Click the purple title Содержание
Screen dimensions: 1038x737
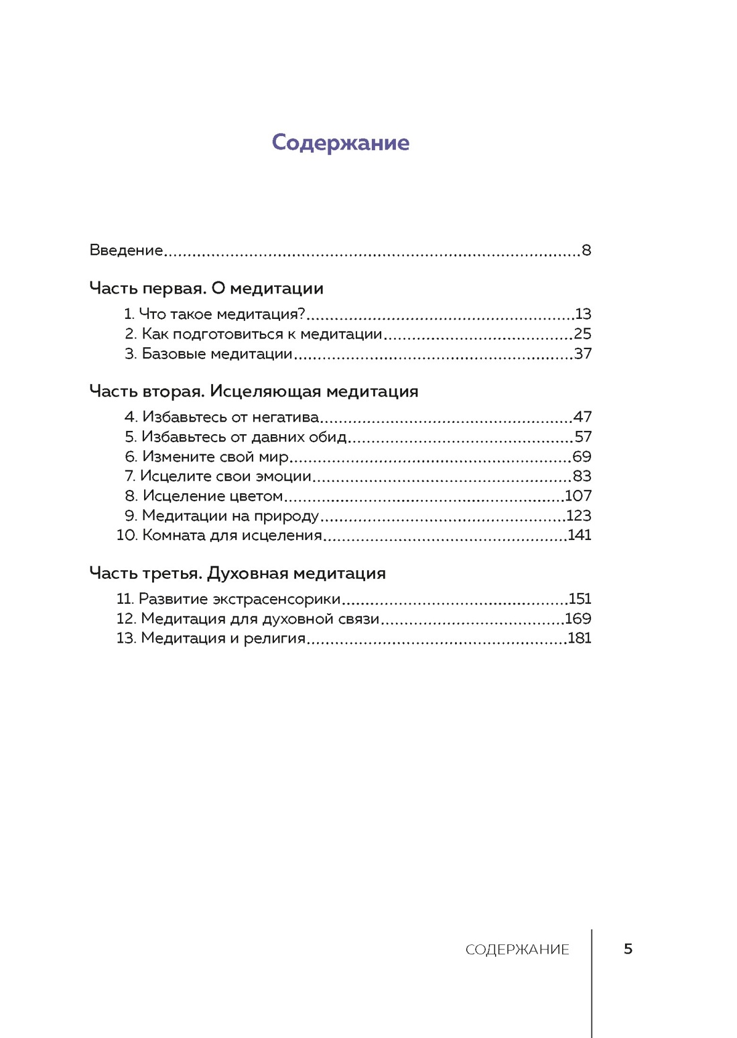340,143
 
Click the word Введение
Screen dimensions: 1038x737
126,251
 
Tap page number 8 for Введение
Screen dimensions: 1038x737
586,251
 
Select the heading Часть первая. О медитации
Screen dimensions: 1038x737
206,288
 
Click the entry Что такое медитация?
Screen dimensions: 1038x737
221,314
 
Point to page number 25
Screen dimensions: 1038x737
582,334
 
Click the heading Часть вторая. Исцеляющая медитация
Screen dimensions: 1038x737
254,391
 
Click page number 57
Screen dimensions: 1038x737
583,437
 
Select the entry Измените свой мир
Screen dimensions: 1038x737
215,457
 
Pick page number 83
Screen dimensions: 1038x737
582,476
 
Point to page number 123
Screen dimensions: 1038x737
579,516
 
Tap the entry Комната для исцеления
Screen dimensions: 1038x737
232,535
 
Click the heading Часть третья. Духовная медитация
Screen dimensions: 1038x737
238,574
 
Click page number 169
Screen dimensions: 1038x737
578,619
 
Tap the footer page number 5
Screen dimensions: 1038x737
628,949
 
